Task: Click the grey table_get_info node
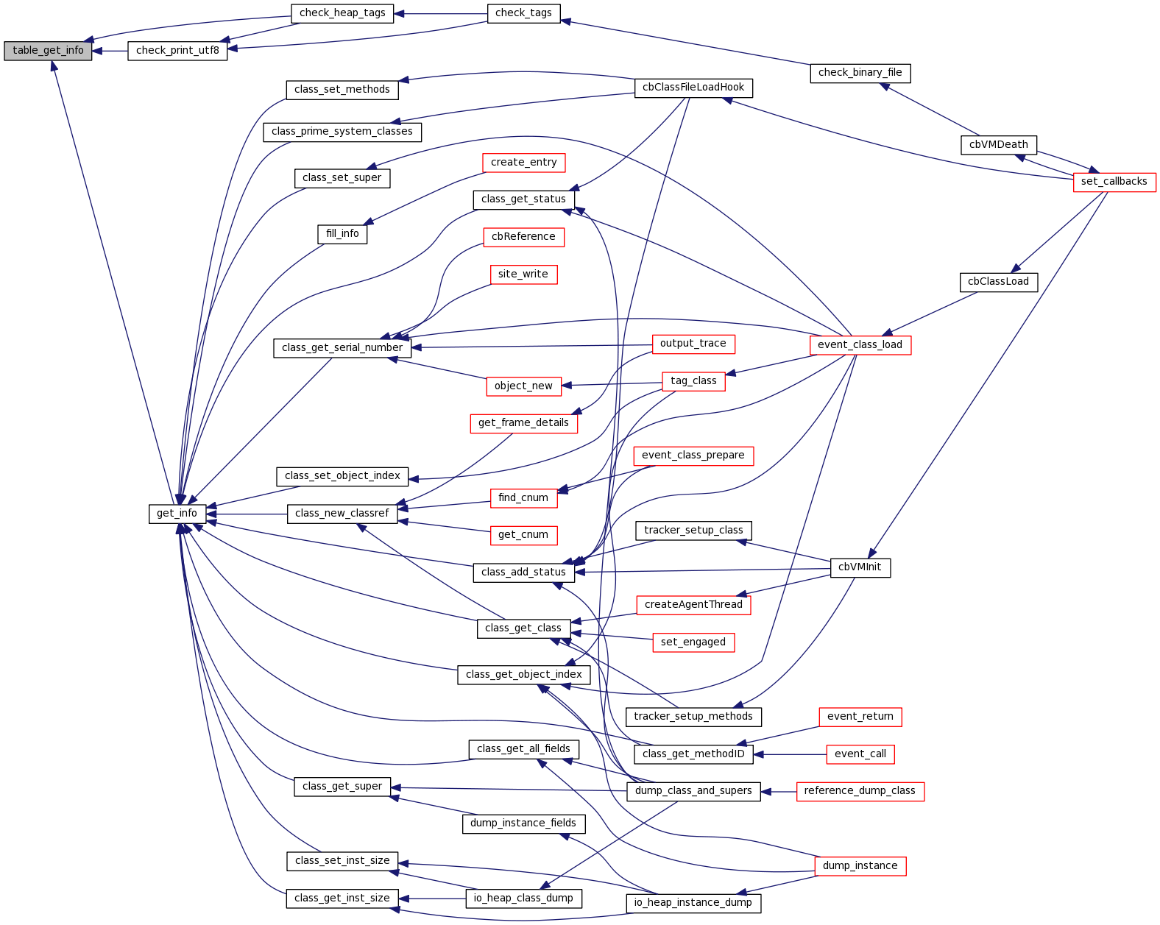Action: click(x=48, y=51)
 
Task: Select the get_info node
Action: click(x=177, y=514)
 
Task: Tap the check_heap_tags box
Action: click(x=342, y=13)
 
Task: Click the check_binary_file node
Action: click(x=860, y=73)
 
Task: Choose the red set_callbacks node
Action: click(x=1114, y=182)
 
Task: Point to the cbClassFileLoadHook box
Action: click(x=693, y=88)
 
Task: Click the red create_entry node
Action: click(x=523, y=163)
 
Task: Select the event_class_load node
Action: click(x=860, y=345)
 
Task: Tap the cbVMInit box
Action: click(x=860, y=567)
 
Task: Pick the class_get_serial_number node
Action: click(x=342, y=348)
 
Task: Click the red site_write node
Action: click(x=523, y=274)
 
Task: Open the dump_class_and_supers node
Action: click(x=693, y=791)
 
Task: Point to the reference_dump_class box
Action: click(x=860, y=791)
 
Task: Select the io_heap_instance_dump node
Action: click(x=693, y=903)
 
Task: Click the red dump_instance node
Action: click(x=860, y=866)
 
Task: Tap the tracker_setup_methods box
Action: click(x=693, y=717)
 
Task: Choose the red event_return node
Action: click(x=860, y=717)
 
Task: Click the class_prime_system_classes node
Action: click(x=342, y=132)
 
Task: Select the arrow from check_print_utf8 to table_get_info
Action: click(x=110, y=51)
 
